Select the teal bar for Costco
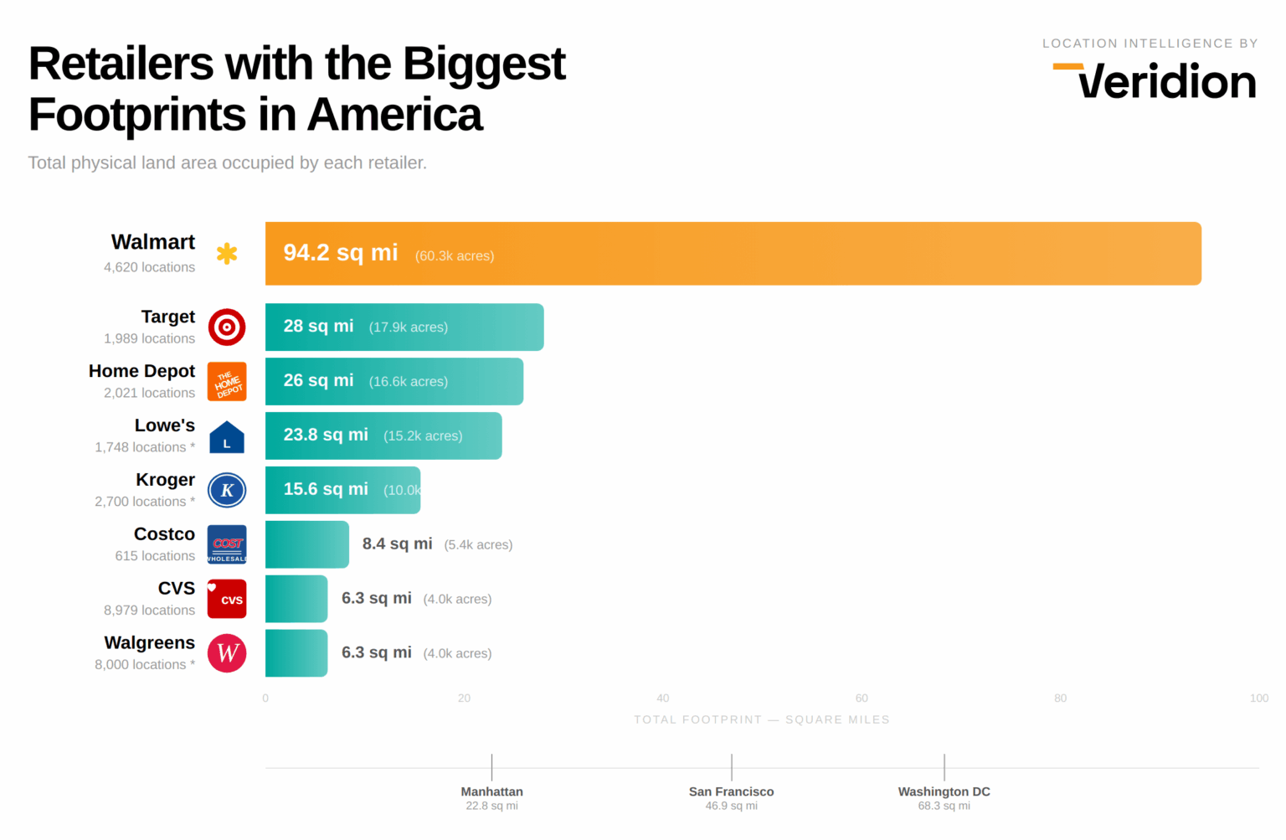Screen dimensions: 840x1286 (x=306, y=544)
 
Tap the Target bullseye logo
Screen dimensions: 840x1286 (x=227, y=327)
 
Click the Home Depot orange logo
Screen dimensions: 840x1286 (x=227, y=382)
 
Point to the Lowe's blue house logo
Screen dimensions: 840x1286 (x=227, y=437)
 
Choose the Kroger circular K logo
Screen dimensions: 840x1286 (x=227, y=491)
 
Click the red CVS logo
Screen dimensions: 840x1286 (x=227, y=599)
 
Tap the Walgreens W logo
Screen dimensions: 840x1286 (x=227, y=653)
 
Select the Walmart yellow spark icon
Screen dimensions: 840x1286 (x=227, y=254)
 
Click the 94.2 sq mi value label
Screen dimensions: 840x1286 (x=340, y=253)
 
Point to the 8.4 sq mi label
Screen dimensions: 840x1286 (x=397, y=544)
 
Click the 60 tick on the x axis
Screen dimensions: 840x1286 (x=862, y=698)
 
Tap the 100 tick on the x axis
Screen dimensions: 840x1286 (x=1258, y=698)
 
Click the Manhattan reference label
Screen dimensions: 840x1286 (x=491, y=792)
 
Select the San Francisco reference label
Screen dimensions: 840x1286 (x=731, y=792)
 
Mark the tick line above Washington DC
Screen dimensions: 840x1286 (x=944, y=767)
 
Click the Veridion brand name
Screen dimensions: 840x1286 (x=1165, y=82)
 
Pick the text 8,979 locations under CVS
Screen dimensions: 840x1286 (x=149, y=611)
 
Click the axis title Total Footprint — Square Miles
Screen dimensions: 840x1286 (x=761, y=720)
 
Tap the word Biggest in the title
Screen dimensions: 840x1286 (x=483, y=64)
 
